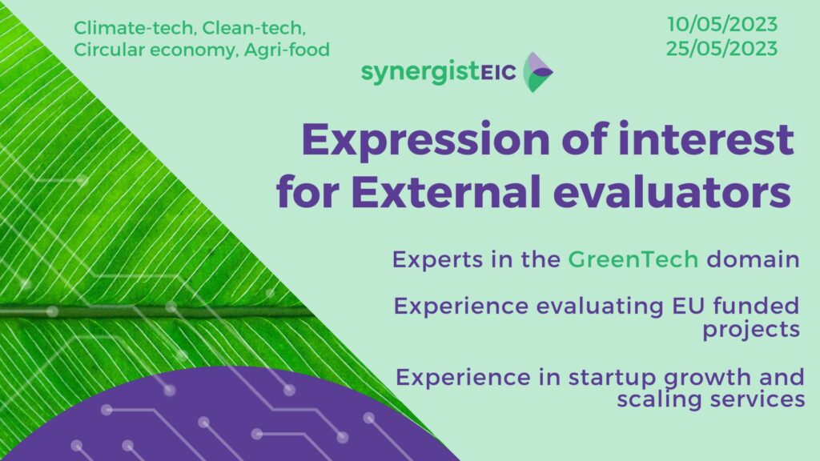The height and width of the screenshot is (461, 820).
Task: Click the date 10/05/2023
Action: (722, 24)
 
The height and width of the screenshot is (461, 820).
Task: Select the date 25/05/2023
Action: (722, 49)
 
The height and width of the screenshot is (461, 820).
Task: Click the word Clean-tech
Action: (254, 28)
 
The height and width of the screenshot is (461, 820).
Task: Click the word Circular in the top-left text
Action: (109, 50)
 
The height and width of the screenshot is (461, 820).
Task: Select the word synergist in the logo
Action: (420, 72)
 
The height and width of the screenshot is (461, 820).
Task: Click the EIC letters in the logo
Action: (498, 73)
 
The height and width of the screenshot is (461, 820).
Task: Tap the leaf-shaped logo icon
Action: (537, 72)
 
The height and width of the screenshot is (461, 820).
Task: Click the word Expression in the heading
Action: (426, 140)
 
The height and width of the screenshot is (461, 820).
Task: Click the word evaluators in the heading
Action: (672, 192)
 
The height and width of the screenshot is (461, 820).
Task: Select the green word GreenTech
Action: (633, 259)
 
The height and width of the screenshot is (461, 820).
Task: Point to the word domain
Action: (753, 259)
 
